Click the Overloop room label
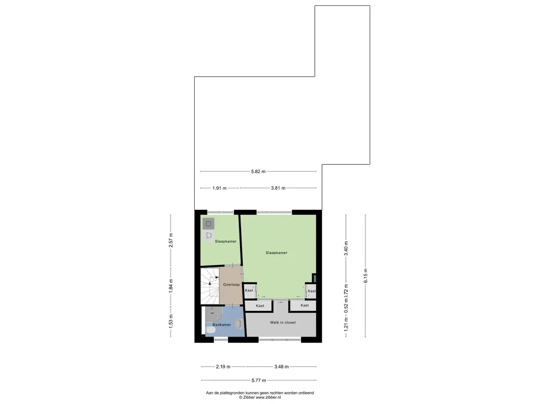click(x=231, y=285)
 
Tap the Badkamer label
click(x=222, y=325)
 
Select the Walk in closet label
click(x=283, y=322)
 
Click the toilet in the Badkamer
click(x=211, y=330)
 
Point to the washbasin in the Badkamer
click(x=238, y=324)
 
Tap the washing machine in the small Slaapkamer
click(x=208, y=224)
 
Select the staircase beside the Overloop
click(x=209, y=286)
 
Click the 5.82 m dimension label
click(x=258, y=171)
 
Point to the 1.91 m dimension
click(x=219, y=188)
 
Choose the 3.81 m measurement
click(x=278, y=188)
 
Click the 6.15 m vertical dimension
click(x=365, y=276)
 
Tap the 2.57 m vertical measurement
click(x=171, y=240)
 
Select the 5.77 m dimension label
click(x=258, y=380)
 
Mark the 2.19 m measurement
click(x=223, y=367)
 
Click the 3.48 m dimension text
click(x=281, y=367)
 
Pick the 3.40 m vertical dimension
click(x=346, y=248)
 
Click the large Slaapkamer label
click(x=276, y=252)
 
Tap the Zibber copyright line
click(x=260, y=397)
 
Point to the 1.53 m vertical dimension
click(x=171, y=321)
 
